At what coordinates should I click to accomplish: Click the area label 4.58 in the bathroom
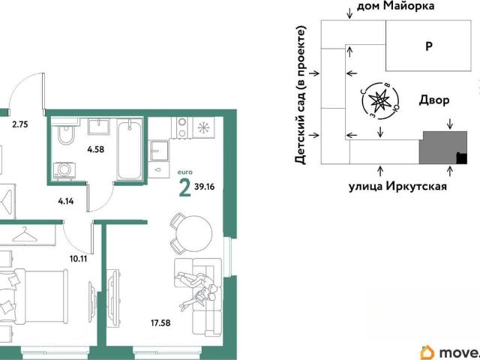(x=95, y=149)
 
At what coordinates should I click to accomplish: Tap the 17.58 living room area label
(x=160, y=322)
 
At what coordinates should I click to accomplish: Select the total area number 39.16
(x=204, y=186)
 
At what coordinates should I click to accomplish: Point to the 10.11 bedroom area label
(x=78, y=259)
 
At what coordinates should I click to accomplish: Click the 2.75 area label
(x=20, y=124)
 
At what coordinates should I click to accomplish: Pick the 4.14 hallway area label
(x=66, y=202)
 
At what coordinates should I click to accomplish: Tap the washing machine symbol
(x=64, y=170)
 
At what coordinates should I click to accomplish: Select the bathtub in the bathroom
(x=130, y=150)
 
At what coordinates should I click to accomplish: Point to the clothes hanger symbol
(x=25, y=235)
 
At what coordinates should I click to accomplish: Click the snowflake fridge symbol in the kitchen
(x=203, y=127)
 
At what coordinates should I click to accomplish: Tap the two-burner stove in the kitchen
(x=182, y=127)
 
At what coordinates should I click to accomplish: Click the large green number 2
(x=184, y=187)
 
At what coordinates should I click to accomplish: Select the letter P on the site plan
(x=429, y=46)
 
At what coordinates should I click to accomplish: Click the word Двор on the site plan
(x=434, y=100)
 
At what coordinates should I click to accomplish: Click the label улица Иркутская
(x=397, y=186)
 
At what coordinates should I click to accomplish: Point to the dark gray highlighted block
(x=443, y=148)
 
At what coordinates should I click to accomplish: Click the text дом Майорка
(x=395, y=6)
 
